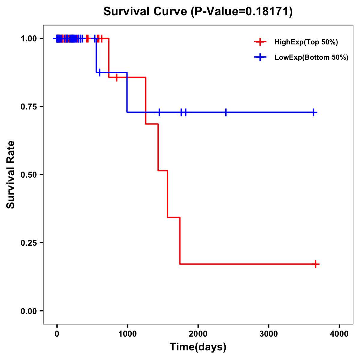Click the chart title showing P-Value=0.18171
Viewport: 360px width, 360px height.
tap(198, 12)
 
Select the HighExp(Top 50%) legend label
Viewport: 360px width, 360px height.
tap(306, 42)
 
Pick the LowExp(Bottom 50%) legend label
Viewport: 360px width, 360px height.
tap(311, 58)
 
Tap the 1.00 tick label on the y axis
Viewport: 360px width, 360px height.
tap(28, 39)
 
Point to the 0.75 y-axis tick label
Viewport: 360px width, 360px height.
tap(28, 107)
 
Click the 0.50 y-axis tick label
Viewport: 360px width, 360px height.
tap(28, 175)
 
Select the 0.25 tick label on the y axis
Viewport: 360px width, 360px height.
tap(28, 243)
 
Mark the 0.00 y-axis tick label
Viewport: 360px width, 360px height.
tap(28, 311)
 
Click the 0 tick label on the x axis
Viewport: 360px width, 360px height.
tap(57, 334)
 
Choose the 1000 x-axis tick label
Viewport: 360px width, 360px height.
tap(127, 334)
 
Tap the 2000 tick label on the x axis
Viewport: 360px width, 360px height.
tap(198, 334)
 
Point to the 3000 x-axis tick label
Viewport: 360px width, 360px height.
tap(268, 334)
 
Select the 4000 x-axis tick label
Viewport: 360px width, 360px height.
tap(339, 334)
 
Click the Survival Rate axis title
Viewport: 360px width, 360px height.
tap(11, 175)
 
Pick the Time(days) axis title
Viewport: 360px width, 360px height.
tap(198, 347)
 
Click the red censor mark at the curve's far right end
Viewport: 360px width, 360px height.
tap(316, 264)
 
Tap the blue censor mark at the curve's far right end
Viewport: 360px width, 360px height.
tap(313, 112)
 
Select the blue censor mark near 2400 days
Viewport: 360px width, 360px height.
tap(226, 112)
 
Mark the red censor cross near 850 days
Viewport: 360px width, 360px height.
tap(117, 77)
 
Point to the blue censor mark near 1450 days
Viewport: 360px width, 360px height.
tap(159, 112)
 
